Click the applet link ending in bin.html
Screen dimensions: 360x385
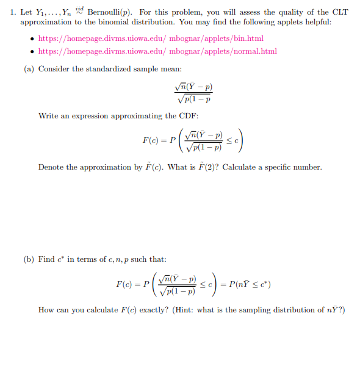point(151,38)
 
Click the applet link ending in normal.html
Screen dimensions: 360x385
point(157,51)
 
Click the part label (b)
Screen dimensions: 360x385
point(29,259)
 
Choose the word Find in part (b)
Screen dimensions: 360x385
point(46,259)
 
